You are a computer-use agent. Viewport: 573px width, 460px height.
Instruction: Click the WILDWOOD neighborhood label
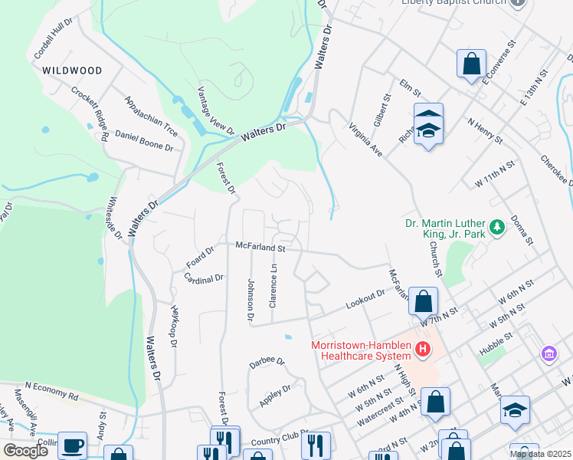coord(72,71)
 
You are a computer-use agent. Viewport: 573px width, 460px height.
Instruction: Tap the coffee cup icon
coord(73,445)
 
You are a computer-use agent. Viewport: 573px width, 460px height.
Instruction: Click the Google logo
coord(25,451)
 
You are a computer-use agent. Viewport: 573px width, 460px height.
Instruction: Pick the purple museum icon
coord(548,353)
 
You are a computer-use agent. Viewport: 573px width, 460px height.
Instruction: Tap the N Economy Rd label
coord(51,391)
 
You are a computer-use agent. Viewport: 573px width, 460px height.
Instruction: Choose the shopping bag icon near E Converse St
coord(471,64)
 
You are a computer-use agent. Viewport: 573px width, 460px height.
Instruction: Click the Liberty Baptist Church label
coord(453,2)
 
